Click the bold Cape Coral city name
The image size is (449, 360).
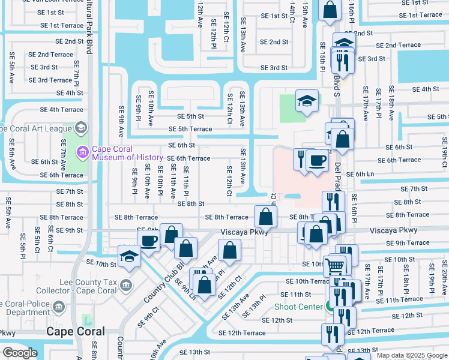(77, 331)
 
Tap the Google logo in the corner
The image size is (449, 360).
(20, 353)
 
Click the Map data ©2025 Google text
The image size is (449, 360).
(412, 356)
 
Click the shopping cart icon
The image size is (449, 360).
(335, 264)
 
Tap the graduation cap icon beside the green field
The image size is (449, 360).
(306, 101)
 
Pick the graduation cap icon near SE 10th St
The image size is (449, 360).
(129, 256)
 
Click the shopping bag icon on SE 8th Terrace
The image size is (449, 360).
(265, 216)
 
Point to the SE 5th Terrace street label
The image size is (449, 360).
(190, 129)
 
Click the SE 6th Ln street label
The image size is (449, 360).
(360, 174)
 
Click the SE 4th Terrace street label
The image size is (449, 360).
(61, 110)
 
